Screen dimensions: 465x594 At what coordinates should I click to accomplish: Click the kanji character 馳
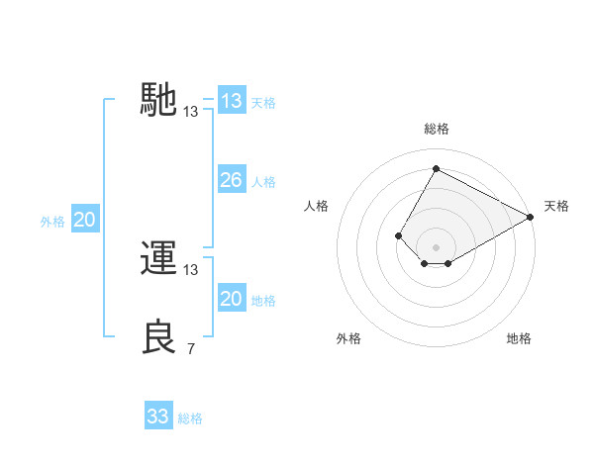pyautogui.click(x=159, y=100)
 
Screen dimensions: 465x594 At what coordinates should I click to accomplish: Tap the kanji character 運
pyautogui.click(x=159, y=259)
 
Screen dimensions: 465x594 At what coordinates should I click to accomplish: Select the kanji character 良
pyautogui.click(x=159, y=337)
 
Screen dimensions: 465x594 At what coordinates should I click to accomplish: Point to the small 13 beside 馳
pyautogui.click(x=191, y=112)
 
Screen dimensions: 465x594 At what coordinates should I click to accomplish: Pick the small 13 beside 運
pyautogui.click(x=191, y=269)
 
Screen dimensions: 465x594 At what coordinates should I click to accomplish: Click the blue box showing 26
pyautogui.click(x=231, y=180)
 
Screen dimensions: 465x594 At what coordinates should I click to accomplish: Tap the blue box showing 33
pyautogui.click(x=157, y=417)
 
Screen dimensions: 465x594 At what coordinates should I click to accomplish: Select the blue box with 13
pyautogui.click(x=231, y=101)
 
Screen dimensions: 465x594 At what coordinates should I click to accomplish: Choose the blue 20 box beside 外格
pyautogui.click(x=84, y=221)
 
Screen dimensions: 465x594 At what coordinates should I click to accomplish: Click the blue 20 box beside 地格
pyautogui.click(x=231, y=299)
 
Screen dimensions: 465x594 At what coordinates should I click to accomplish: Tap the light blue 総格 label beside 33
pyautogui.click(x=190, y=418)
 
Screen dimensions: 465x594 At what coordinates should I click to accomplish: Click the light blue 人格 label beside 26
pyautogui.click(x=263, y=182)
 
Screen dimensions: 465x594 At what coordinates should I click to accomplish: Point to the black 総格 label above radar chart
pyautogui.click(x=436, y=129)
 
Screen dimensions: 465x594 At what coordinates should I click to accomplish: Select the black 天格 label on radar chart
pyautogui.click(x=556, y=206)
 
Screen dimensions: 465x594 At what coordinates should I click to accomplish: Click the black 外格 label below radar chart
pyautogui.click(x=348, y=339)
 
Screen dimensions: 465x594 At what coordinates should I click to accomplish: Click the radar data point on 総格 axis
pyautogui.click(x=436, y=168)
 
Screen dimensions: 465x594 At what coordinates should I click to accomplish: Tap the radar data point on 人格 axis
pyautogui.click(x=398, y=235)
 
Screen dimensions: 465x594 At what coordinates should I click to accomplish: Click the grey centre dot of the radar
pyautogui.click(x=436, y=247)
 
